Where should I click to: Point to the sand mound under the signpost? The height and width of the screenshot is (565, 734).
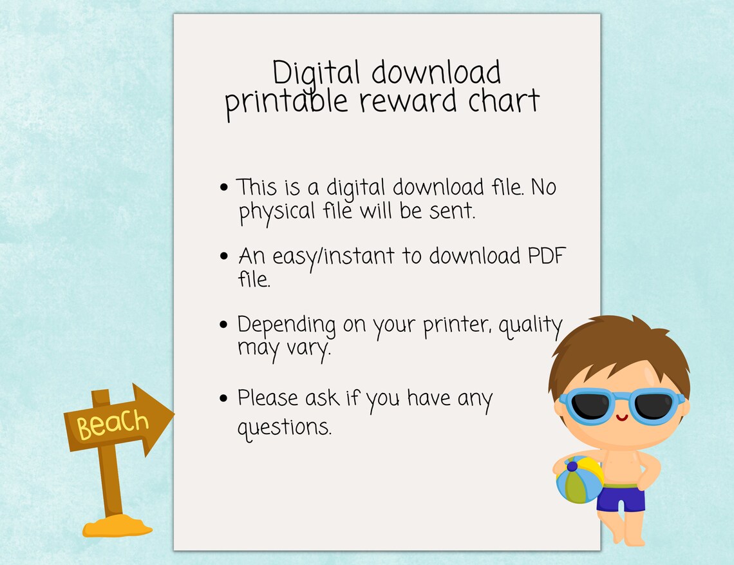(117, 527)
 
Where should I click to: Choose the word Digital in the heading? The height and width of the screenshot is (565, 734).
(315, 73)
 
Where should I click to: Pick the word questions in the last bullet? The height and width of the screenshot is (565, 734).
(285, 427)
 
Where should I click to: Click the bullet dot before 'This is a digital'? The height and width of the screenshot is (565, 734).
(224, 188)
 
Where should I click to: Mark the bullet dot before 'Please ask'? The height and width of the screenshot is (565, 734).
(224, 398)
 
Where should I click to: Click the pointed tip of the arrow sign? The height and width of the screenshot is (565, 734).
(173, 413)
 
